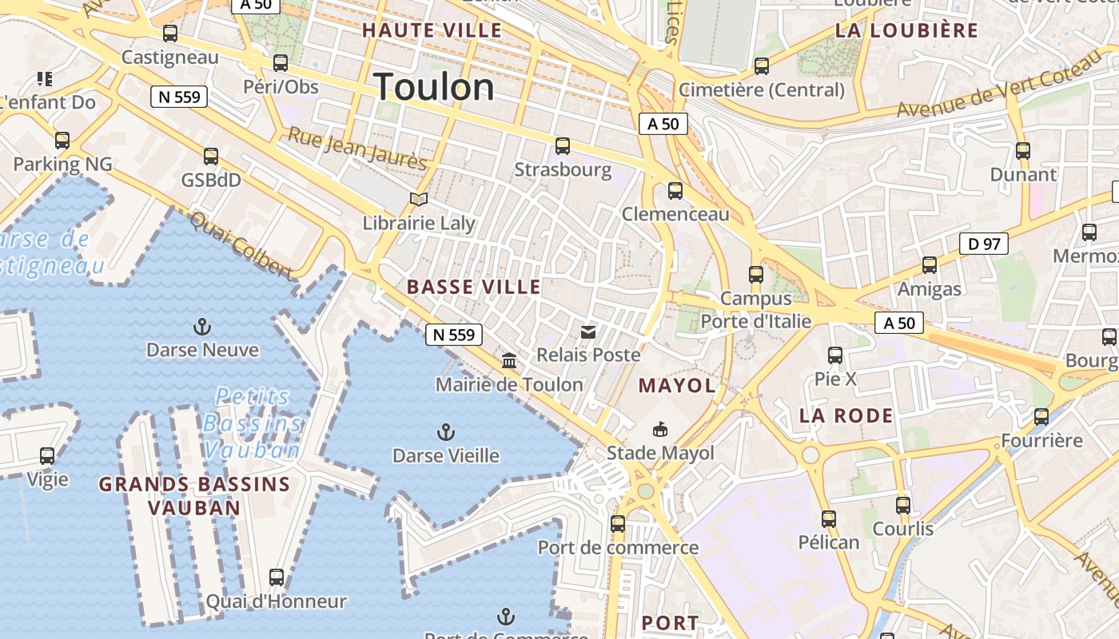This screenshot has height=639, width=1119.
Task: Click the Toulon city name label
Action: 434,86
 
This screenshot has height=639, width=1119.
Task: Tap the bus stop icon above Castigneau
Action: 170,34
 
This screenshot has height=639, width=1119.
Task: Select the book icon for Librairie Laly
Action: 419,199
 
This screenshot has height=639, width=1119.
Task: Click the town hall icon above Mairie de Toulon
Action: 509,361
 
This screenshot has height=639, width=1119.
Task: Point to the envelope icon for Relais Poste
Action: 588,331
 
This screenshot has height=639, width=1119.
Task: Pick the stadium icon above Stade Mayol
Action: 660,430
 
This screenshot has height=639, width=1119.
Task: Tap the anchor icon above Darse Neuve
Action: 202,327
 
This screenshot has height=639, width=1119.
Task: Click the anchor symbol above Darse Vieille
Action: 446,433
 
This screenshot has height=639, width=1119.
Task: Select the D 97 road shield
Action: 983,244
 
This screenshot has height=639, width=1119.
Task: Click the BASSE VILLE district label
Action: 474,287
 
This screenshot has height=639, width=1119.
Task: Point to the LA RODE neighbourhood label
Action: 846,415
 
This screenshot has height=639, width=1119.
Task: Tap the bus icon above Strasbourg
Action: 563,146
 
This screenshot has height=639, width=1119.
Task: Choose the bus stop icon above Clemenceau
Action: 675,191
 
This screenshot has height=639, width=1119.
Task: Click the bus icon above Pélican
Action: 829,519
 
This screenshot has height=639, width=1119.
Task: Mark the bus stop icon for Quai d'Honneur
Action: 277,577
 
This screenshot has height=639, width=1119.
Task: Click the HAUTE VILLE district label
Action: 432,31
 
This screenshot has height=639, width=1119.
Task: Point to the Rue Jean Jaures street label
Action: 356,149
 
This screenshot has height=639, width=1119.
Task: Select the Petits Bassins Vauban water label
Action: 252,423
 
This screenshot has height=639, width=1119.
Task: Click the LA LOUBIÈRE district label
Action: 906,30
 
